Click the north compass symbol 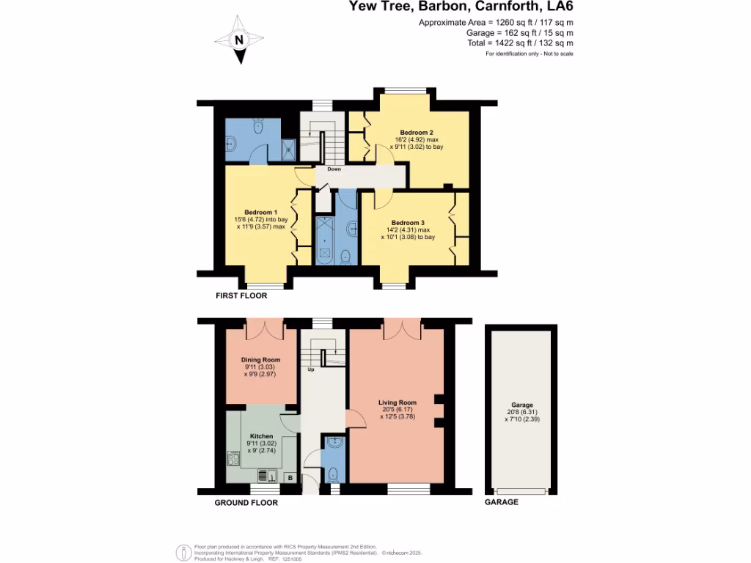point(239,40)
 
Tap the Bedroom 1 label point(254,213)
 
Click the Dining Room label point(261,360)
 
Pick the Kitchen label point(261,436)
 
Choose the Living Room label point(398,402)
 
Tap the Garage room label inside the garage point(522,405)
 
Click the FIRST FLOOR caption point(241,297)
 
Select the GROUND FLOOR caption point(246,503)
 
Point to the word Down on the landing point(334,169)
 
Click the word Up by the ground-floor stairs point(310,369)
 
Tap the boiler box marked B point(290,478)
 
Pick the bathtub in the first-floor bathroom point(323,240)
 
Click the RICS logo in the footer point(183,551)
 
